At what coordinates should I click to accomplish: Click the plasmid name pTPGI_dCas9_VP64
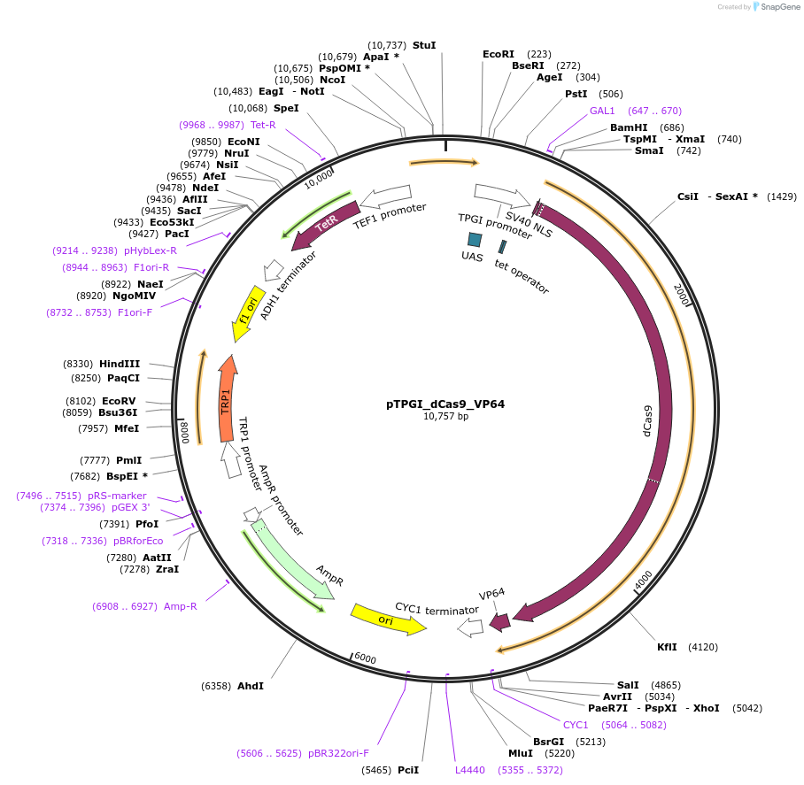445,404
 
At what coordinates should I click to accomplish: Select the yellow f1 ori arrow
248,313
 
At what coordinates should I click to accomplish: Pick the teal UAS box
475,239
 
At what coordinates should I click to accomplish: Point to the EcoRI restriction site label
498,54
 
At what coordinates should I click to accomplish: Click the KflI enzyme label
667,647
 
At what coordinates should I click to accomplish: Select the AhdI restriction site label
251,686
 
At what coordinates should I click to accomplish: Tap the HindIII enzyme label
120,364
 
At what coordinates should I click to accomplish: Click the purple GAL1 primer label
602,111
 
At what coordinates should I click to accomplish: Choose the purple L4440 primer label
470,770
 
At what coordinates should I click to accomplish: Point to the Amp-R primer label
181,606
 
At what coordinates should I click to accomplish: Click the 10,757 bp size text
445,417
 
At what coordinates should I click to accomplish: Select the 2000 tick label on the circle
680,295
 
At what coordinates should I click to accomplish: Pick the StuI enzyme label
424,45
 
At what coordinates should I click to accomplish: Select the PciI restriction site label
408,770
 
